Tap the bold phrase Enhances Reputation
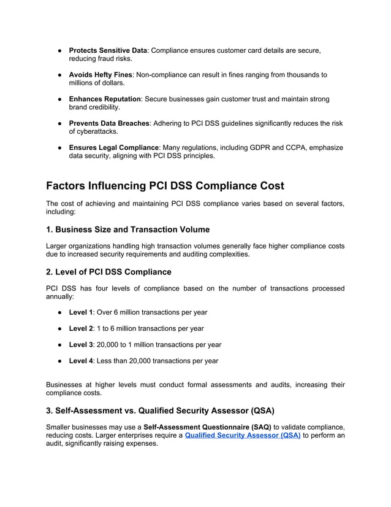pos(105,99)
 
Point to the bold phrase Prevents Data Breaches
pos(108,123)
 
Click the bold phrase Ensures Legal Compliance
pos(113,147)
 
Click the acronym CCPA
pos(286,147)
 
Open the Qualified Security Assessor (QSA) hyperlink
pos(242,435)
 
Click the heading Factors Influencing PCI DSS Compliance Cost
pos(165,185)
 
